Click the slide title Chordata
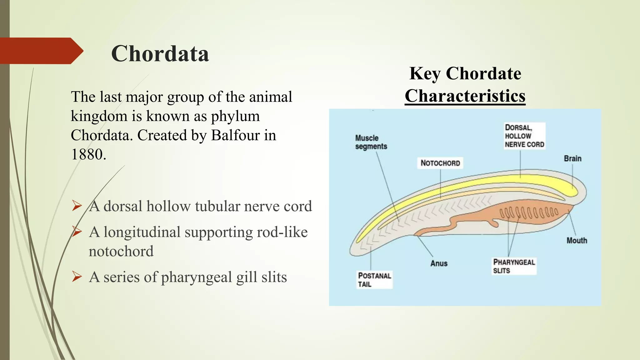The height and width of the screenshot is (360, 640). tap(160, 54)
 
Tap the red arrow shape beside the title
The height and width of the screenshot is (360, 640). tap(41, 51)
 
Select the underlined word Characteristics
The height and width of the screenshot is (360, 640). tap(465, 96)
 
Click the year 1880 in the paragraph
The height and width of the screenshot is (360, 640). tap(88, 154)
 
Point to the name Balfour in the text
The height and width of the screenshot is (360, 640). tap(235, 135)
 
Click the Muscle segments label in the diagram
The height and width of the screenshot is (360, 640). tap(371, 142)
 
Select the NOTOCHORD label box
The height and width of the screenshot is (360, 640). tap(440, 163)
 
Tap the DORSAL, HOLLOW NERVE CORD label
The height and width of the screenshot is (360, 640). tap(524, 136)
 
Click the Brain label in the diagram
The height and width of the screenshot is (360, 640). tap(572, 159)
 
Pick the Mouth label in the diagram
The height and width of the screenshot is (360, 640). tap(577, 241)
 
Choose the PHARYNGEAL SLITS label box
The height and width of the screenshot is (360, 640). tap(514, 266)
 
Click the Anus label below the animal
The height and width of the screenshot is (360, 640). tap(439, 263)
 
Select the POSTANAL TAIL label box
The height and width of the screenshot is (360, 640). tap(374, 280)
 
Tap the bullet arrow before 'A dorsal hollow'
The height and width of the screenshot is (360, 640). tap(77, 206)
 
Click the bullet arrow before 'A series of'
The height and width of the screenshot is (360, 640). tap(77, 277)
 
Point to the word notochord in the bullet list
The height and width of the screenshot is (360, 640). tap(121, 251)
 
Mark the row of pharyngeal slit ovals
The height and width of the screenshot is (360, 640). tap(529, 213)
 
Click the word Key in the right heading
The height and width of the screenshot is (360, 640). tap(425, 74)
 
